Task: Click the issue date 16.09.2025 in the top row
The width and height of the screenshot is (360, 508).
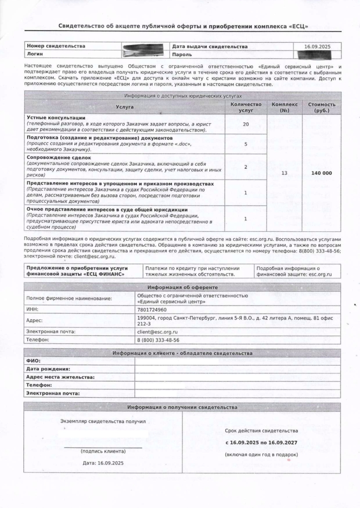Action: pyautogui.click(x=317, y=46)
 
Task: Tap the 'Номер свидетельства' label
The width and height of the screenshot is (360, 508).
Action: pyautogui.click(x=56, y=46)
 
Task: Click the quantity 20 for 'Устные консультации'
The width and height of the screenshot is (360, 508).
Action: pyautogui.click(x=246, y=124)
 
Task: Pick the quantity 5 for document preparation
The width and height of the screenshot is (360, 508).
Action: pyautogui.click(x=246, y=144)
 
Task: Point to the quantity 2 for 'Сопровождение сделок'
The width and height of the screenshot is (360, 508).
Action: pyautogui.click(x=246, y=167)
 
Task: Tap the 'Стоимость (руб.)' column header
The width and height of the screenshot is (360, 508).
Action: pyautogui.click(x=322, y=107)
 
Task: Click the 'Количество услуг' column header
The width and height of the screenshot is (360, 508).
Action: pyautogui.click(x=246, y=107)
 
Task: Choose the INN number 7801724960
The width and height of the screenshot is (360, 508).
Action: pyautogui.click(x=152, y=310)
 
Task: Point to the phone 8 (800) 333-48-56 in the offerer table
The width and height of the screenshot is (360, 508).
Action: pyautogui.click(x=158, y=340)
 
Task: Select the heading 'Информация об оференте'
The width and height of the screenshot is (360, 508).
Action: pyautogui.click(x=182, y=287)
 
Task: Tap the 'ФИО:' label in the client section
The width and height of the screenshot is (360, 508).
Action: pyautogui.click(x=34, y=361)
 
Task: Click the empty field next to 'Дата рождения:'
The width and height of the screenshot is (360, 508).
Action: pyautogui.click(x=237, y=369)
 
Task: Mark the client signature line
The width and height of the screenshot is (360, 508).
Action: pyautogui.click(x=103, y=447)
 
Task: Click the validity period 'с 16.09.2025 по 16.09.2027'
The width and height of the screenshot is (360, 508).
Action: pyautogui.click(x=261, y=443)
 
